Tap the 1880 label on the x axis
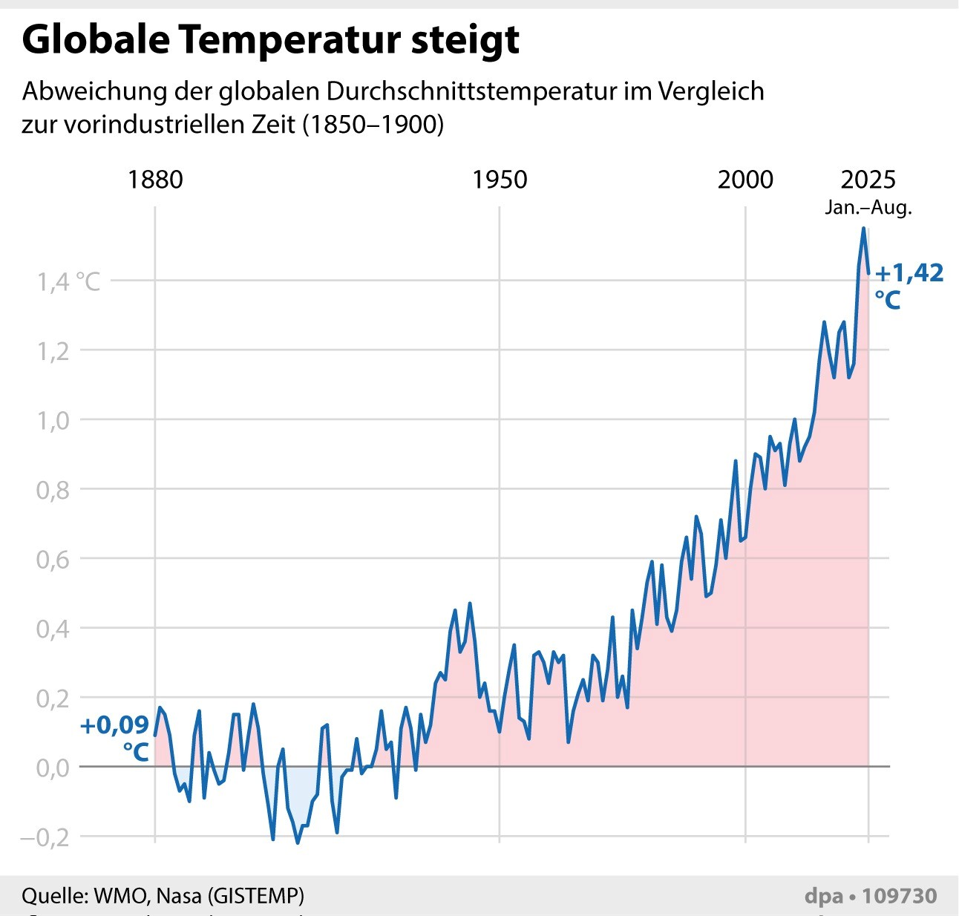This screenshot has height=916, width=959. [x=155, y=180]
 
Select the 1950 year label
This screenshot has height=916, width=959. [x=500, y=180]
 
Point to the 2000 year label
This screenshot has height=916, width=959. [x=745, y=180]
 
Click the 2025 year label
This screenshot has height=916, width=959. [x=868, y=180]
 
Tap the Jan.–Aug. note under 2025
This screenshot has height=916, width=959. [x=868, y=207]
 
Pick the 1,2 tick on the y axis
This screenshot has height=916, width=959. [x=53, y=351]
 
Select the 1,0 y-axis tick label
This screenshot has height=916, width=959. [x=53, y=421]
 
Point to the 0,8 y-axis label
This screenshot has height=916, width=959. [x=53, y=490]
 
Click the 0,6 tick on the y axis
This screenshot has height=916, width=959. [x=53, y=560]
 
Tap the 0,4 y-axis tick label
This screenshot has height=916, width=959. [x=53, y=629]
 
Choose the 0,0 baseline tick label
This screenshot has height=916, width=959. [x=53, y=768]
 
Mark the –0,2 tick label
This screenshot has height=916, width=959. [x=45, y=837]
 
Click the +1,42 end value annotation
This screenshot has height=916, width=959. [x=909, y=273]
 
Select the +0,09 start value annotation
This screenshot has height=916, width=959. [x=115, y=725]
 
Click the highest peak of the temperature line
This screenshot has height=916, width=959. [x=863, y=229]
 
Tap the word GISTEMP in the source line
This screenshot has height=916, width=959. [x=256, y=896]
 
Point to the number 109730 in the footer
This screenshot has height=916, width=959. [x=900, y=896]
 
